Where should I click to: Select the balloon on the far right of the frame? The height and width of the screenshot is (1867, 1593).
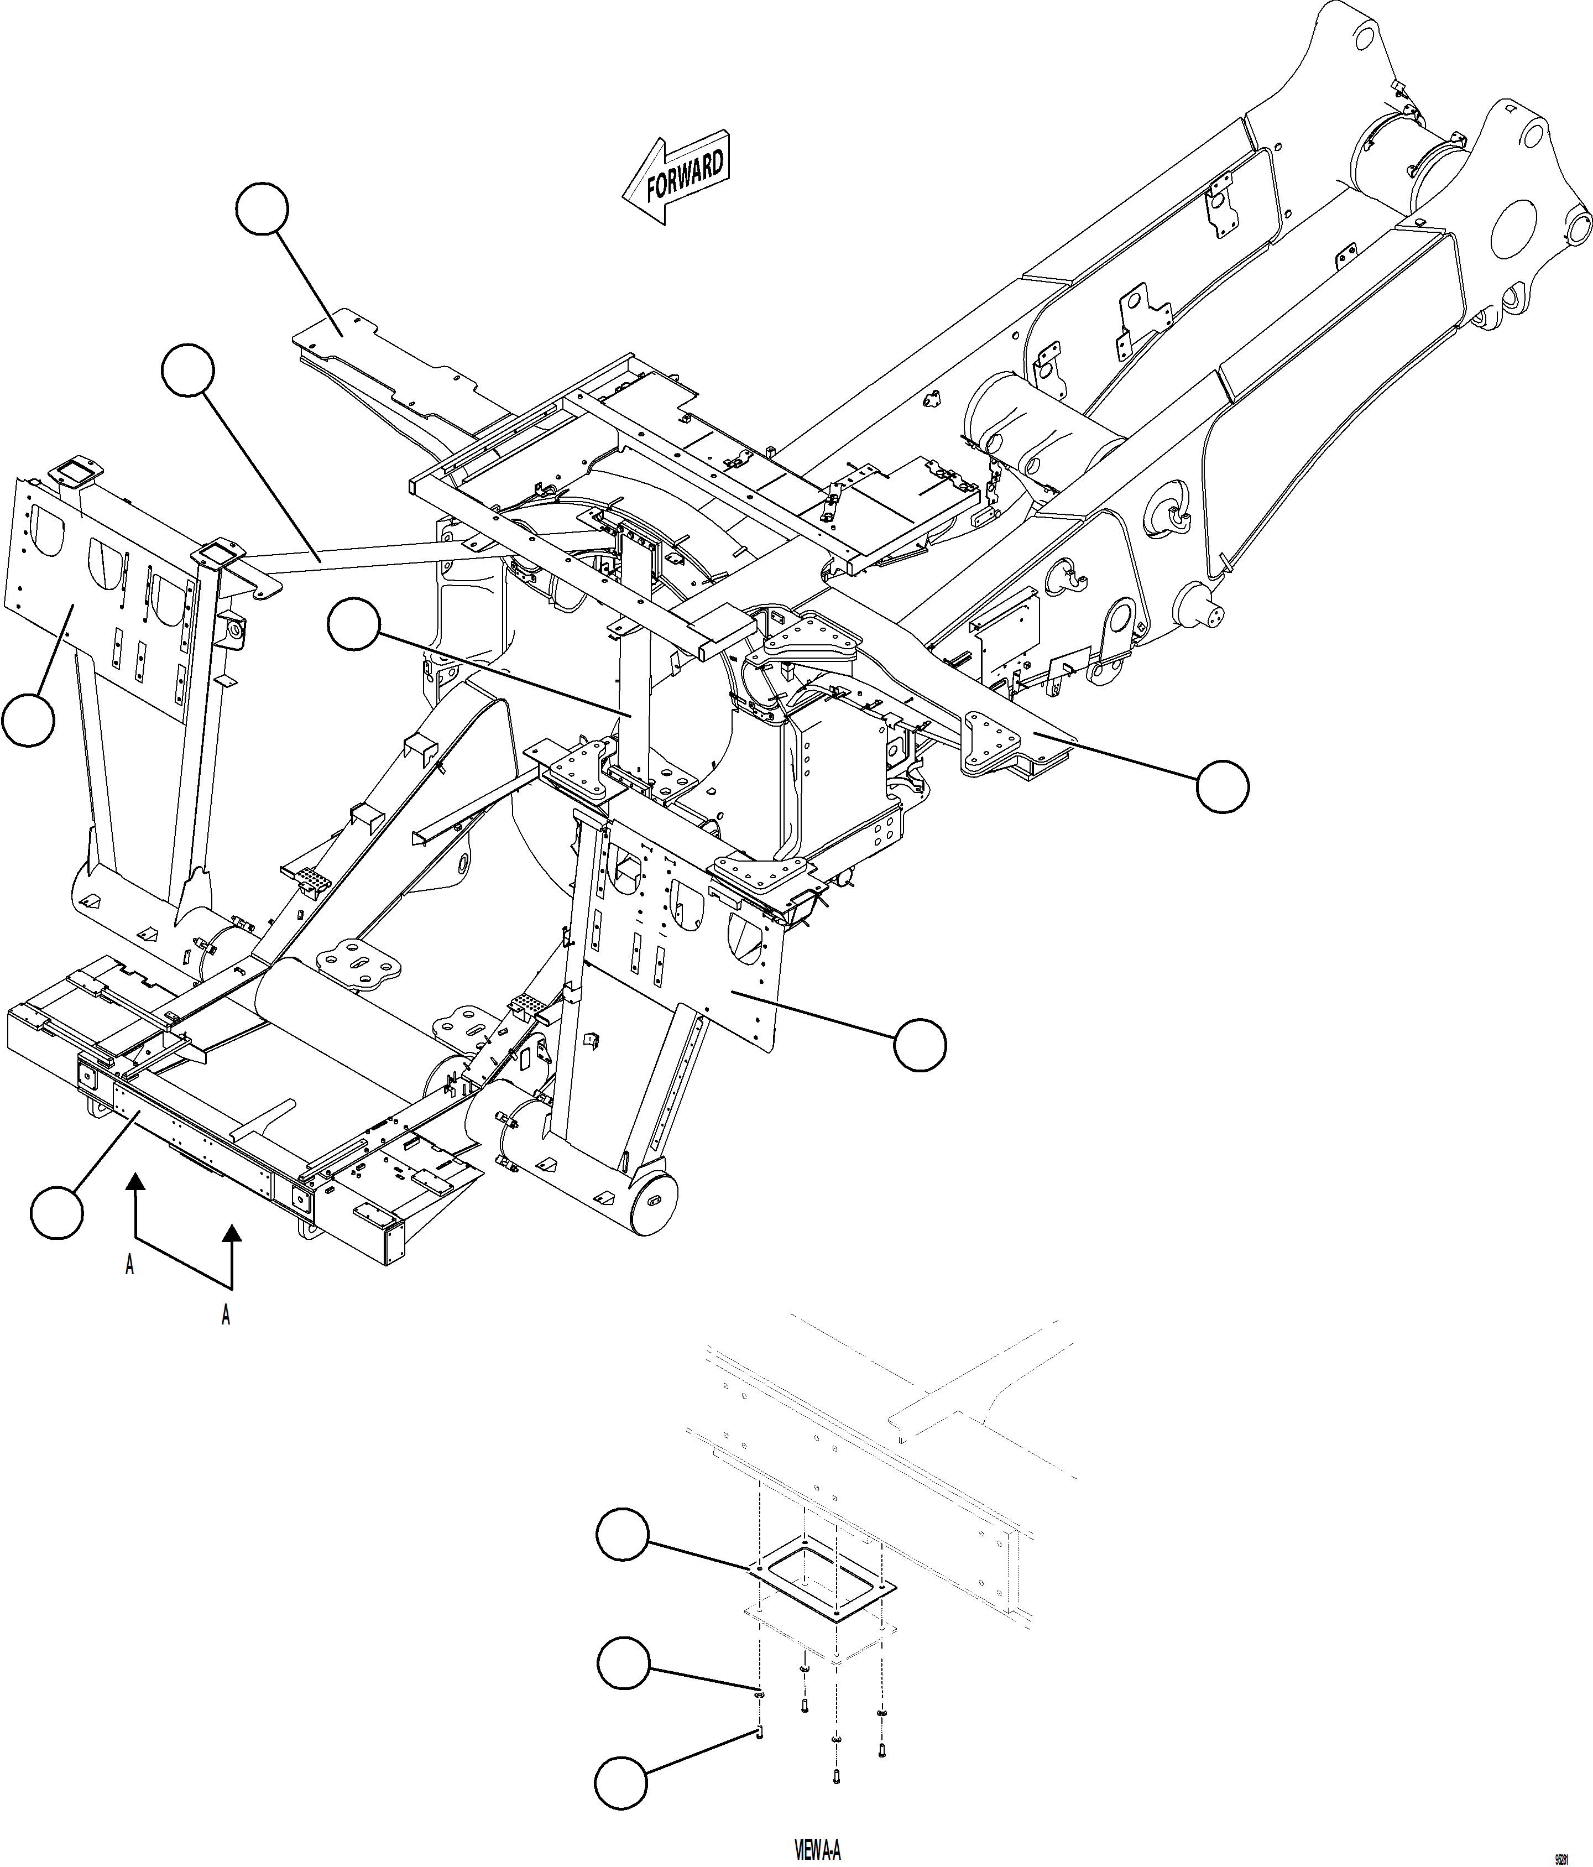click(1223, 786)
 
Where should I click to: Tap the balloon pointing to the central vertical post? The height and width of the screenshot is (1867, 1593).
click(353, 625)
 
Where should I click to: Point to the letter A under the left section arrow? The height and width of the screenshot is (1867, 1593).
click(130, 1266)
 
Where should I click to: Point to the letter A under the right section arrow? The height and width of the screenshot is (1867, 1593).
click(226, 1316)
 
